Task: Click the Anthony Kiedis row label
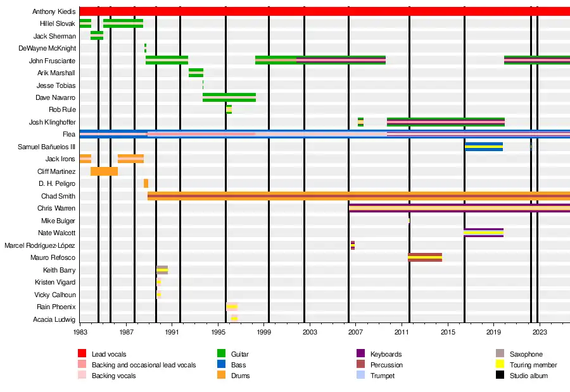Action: (54, 12)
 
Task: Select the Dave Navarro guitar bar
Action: (229, 97)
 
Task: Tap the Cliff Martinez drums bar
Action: (104, 171)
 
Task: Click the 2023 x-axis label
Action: (540, 332)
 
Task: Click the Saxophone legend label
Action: (526, 355)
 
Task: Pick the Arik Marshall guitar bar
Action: (196, 73)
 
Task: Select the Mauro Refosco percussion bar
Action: (425, 257)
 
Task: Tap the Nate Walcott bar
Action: (484, 233)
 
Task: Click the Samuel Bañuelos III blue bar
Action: (484, 147)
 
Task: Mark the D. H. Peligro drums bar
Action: (146, 183)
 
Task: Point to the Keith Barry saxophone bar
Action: (162, 270)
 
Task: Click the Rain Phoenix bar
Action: (232, 307)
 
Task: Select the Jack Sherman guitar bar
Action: (97, 36)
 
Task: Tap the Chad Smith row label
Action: (58, 196)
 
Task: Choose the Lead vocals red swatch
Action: (82, 354)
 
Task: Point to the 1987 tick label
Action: (127, 332)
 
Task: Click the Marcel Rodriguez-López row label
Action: (40, 245)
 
